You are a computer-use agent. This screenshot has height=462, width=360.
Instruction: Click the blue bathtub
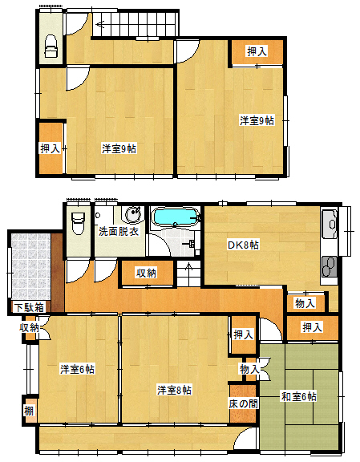[175, 217]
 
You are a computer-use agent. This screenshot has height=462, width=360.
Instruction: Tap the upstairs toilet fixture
[51, 47]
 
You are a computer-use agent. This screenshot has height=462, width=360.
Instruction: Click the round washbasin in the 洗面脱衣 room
[133, 215]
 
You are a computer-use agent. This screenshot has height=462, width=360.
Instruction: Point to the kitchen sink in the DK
[330, 224]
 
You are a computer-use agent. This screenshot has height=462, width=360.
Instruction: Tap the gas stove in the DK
[329, 266]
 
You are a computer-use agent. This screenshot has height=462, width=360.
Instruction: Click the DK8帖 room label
[243, 245]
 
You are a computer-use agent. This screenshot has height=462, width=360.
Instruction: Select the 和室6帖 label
[299, 396]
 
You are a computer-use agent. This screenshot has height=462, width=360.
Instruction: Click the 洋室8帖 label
[175, 390]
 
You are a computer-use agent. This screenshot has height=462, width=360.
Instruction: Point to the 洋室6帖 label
[77, 369]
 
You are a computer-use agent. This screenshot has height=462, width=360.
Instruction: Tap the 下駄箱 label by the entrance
[30, 307]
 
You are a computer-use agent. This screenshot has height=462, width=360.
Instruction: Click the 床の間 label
[243, 403]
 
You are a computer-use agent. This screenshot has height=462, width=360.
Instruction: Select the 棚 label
[29, 411]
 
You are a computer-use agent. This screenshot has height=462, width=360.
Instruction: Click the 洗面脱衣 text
[119, 231]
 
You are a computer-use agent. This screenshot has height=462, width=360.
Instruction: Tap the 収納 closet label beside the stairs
[147, 274]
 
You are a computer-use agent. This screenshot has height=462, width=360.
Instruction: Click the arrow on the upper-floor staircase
[102, 24]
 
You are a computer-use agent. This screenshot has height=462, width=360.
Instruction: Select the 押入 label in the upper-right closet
[257, 51]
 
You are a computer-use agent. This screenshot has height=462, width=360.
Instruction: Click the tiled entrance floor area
[31, 266]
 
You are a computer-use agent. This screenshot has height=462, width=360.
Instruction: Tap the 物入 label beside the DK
[305, 303]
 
